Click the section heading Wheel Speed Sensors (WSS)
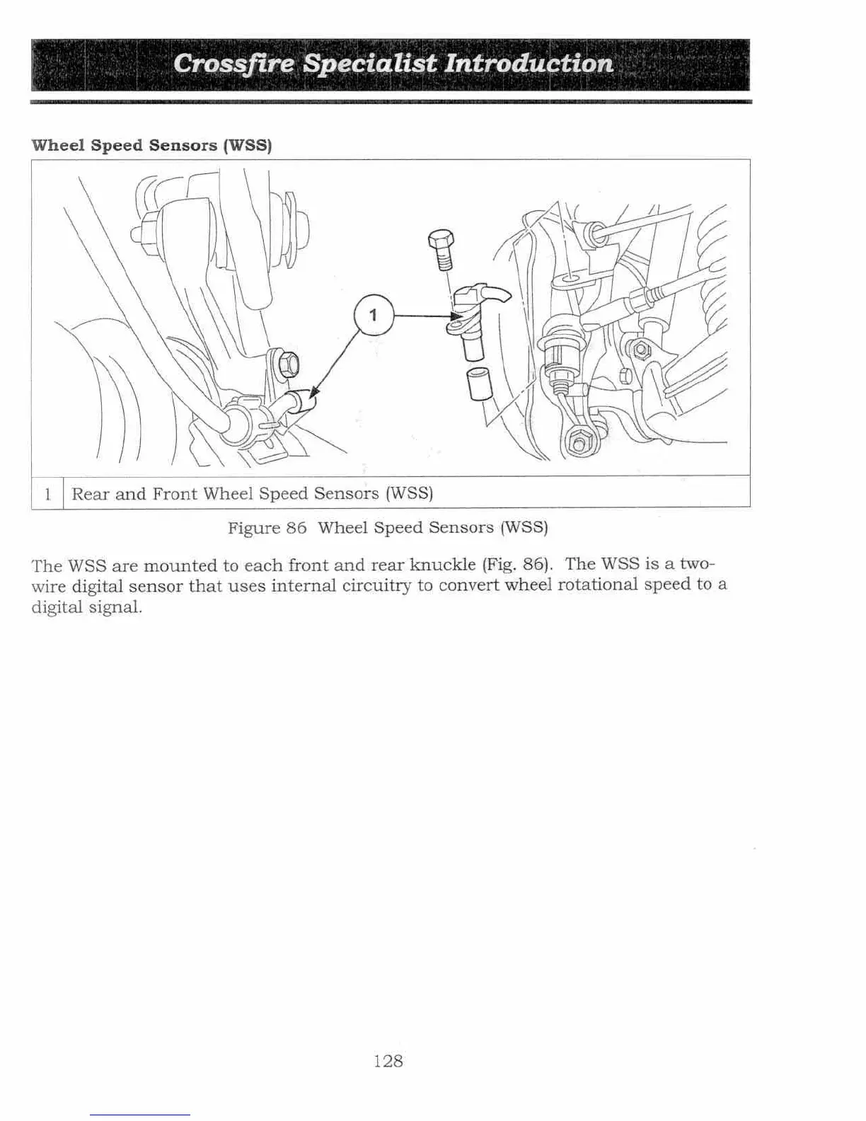click(151, 145)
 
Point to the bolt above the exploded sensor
click(439, 248)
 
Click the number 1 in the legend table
click(47, 493)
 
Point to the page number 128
click(388, 1061)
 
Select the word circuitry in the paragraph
click(376, 585)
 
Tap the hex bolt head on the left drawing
click(289, 364)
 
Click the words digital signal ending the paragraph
click(86, 607)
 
